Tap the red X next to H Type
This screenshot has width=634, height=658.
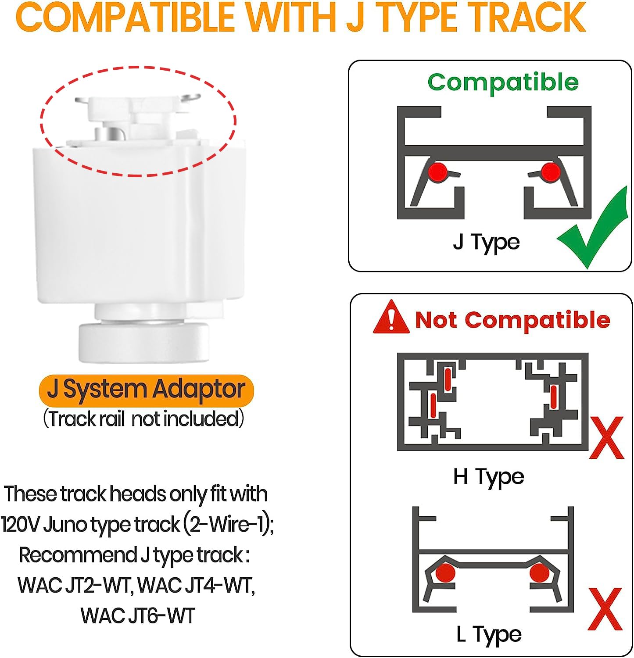(606, 437)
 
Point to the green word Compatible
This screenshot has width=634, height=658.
(503, 82)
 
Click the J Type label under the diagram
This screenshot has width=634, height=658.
(486, 242)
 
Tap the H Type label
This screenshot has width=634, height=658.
(488, 477)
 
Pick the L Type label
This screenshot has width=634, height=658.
(489, 634)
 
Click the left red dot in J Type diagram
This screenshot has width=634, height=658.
(437, 171)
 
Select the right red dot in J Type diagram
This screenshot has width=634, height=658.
(550, 171)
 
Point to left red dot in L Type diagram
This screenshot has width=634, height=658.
(446, 573)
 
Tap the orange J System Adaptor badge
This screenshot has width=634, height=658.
(147, 390)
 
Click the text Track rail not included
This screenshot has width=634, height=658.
(143, 418)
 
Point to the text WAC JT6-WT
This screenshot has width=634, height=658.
(138, 615)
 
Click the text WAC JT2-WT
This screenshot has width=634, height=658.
(75, 585)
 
